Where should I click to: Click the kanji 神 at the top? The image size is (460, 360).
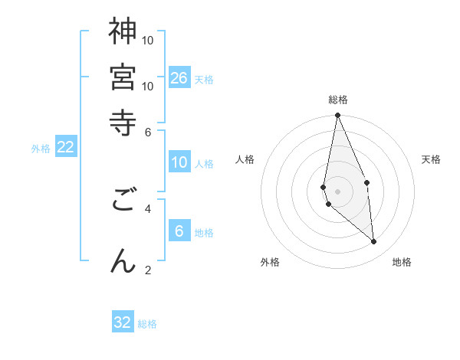point(123,32)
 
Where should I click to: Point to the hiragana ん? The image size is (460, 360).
point(123,260)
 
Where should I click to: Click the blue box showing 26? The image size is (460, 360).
point(179,77)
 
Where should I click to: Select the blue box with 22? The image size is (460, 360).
point(66,147)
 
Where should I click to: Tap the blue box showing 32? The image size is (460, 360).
point(123,322)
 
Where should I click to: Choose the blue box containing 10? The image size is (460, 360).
point(179,162)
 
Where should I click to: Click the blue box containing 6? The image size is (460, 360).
point(179,231)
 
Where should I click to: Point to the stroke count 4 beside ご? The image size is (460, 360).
point(148,208)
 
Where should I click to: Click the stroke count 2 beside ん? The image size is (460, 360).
point(148,269)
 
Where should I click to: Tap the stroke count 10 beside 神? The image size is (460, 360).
point(148,40)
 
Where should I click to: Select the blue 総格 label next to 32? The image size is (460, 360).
point(147,324)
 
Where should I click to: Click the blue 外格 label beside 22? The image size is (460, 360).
point(41,149)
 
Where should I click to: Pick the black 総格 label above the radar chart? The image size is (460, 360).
point(338,100)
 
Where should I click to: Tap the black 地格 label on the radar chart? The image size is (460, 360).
point(402,262)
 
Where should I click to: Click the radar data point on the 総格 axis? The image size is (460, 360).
point(337,116)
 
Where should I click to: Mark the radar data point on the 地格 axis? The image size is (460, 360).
point(374,242)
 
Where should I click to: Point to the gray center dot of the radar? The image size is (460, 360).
point(337,191)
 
